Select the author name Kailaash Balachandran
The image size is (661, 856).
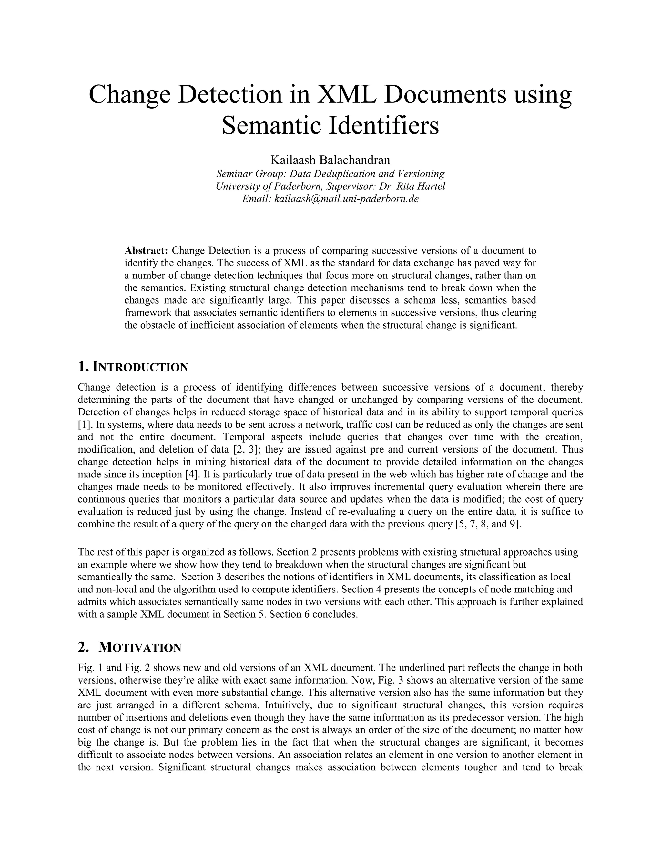pyautogui.click(x=330, y=160)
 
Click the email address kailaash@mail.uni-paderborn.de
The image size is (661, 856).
pyautogui.click(x=347, y=199)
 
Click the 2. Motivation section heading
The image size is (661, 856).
pyautogui.click(x=130, y=647)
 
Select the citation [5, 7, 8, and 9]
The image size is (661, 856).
pyautogui.click(x=488, y=524)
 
